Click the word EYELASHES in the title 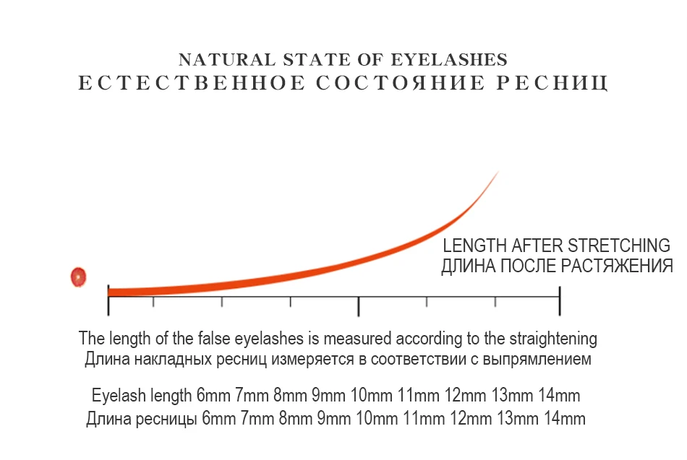[449, 59]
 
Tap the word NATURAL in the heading [227, 59]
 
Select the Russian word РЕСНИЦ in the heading [552, 83]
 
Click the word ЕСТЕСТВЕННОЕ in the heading [192, 83]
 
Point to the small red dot [78, 277]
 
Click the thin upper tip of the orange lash [498, 172]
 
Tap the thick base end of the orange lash [109, 292]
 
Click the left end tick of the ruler [108, 300]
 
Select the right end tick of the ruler [560, 300]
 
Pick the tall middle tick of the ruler [359, 306]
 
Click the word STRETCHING [619, 246]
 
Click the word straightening [553, 339]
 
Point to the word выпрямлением [537, 360]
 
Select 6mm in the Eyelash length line [213, 396]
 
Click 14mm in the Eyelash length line [559, 396]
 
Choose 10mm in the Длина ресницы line [376, 419]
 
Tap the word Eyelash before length [119, 396]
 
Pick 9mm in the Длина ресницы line [334, 419]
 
